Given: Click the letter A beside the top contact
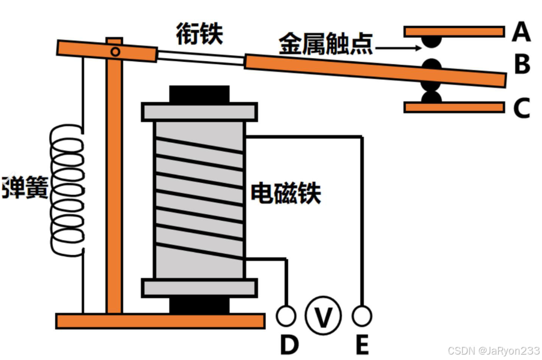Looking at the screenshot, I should [521, 32].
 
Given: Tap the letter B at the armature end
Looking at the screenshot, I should [522, 65].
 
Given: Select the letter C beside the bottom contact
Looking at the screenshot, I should [522, 109].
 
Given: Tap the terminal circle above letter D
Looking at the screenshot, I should [286, 314].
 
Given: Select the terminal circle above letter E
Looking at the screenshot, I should [362, 314].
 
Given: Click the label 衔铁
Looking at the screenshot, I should [199, 34].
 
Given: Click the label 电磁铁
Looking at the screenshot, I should [286, 193].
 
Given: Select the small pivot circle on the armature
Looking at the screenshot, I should [115, 52].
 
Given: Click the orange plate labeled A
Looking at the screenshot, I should [454, 31].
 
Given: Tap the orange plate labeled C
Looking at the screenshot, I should [454, 107].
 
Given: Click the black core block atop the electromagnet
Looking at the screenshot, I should [199, 95].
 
